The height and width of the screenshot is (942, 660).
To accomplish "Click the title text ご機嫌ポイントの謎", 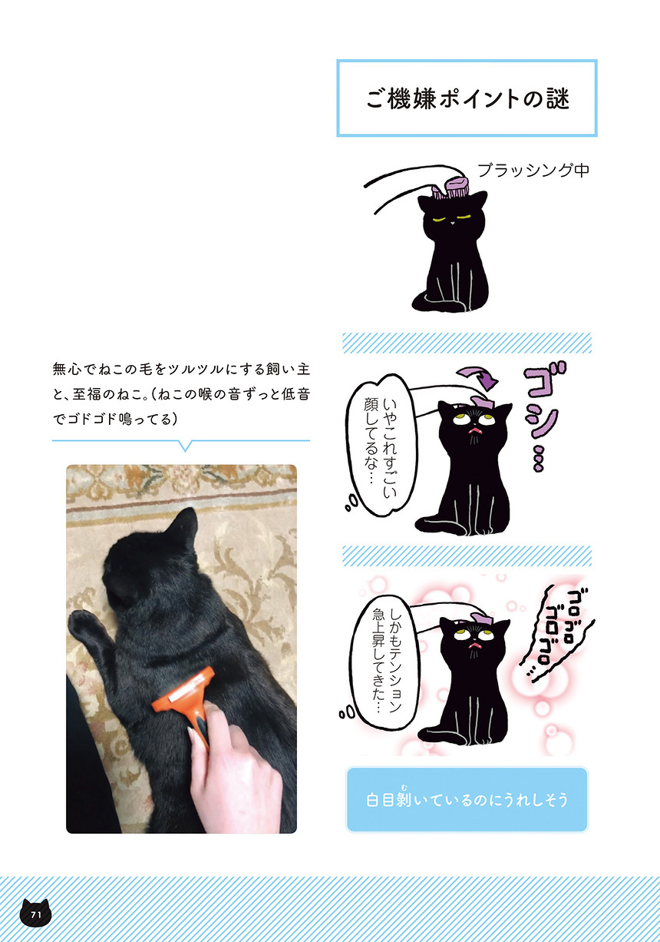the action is (467, 99).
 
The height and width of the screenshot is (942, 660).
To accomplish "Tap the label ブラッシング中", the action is (533, 170).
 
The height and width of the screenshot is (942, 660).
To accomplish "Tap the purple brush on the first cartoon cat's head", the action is (449, 187).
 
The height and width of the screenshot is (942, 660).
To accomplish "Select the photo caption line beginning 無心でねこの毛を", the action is (181, 370).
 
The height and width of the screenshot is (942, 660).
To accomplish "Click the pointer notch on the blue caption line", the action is (185, 446).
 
